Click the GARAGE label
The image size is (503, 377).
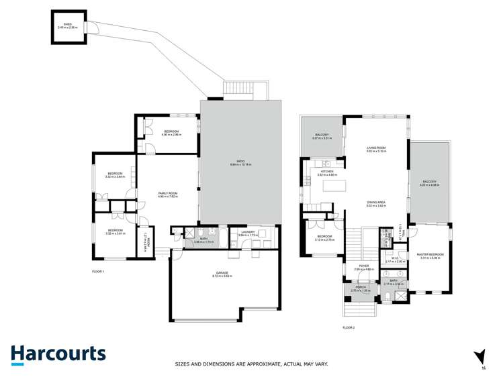(222, 274)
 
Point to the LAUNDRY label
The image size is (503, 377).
(246, 233)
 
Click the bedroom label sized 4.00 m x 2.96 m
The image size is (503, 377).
(171, 133)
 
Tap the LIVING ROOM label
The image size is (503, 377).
(375, 149)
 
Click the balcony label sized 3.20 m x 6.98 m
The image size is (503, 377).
(429, 182)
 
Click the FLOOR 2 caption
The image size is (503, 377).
(348, 327)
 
